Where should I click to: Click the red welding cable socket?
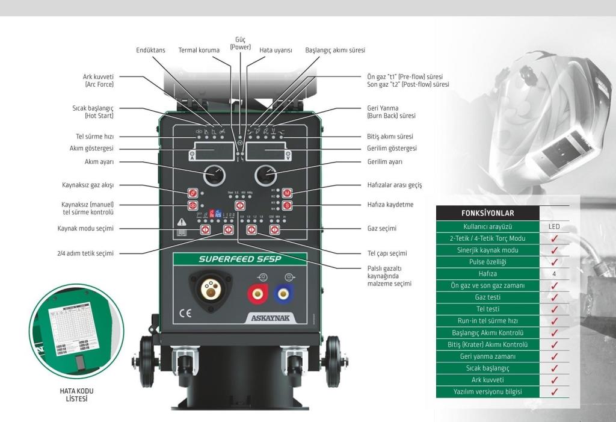(255, 294)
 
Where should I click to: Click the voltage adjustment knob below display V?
(265, 175)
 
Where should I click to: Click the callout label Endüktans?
(150, 51)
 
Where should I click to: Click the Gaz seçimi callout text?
(382, 229)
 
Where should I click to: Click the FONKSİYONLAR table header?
(487, 213)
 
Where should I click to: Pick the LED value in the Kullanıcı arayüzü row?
(555, 227)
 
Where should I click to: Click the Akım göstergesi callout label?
(93, 149)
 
